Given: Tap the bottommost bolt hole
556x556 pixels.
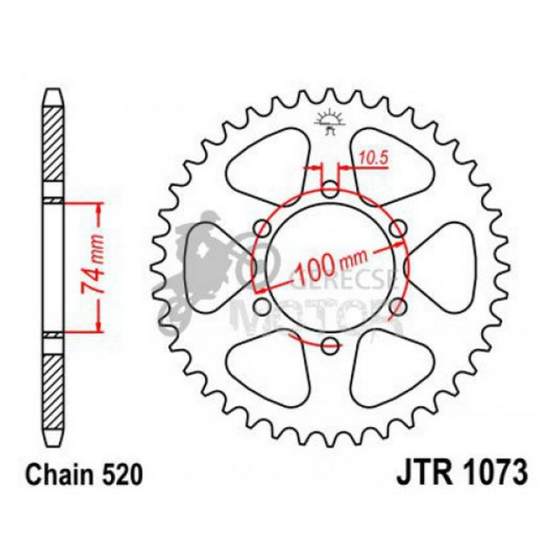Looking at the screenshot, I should (330, 344).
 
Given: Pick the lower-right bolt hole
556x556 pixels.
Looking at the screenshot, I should (396, 307).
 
